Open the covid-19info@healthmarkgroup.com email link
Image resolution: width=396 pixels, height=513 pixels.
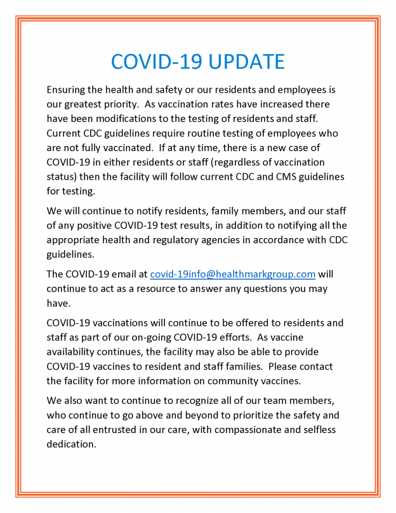(232, 274)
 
